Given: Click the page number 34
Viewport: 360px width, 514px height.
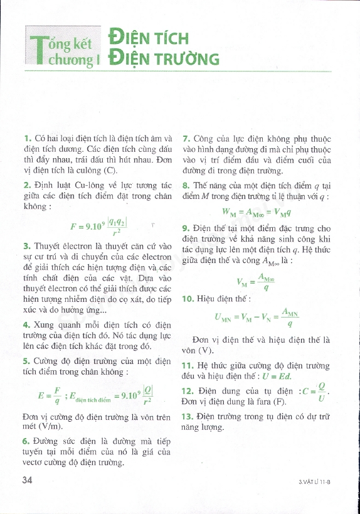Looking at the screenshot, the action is click(27, 480).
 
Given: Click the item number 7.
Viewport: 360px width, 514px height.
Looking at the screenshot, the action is click(185, 137).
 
